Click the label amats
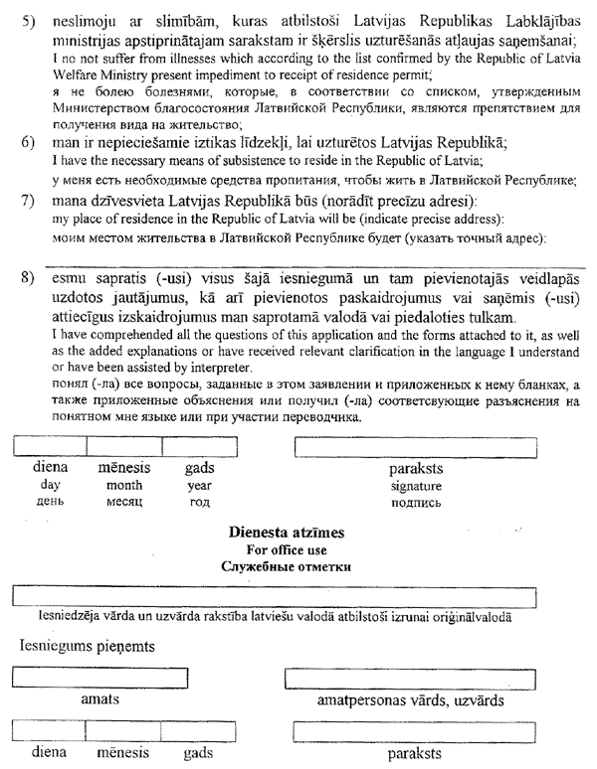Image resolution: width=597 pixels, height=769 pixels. click(x=99, y=700)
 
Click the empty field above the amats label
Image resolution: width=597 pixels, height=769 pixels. click(x=99, y=679)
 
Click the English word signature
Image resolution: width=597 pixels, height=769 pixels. click(x=416, y=486)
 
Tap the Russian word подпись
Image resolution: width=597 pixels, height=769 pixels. click(x=416, y=503)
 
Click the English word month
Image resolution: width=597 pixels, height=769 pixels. click(x=123, y=486)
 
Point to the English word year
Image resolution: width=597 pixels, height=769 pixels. click(x=199, y=486)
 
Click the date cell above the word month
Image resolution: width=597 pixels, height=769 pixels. click(x=123, y=446)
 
